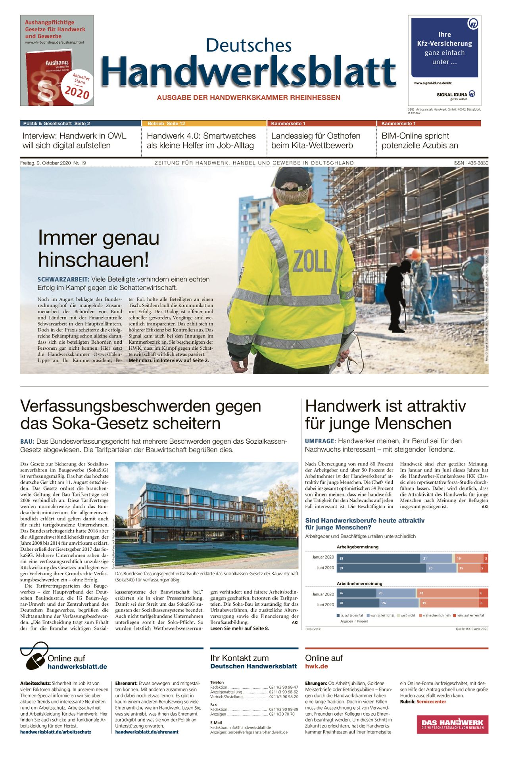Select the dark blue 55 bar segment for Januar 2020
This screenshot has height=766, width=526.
point(378,558)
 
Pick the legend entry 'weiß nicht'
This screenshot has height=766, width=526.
point(407,615)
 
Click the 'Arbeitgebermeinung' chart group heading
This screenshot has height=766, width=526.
point(357,547)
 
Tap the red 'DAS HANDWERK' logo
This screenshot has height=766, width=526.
point(452,724)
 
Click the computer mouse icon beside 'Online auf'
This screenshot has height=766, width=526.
point(35,659)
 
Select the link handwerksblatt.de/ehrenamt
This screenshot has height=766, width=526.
point(147,732)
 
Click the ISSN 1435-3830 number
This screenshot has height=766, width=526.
point(471,163)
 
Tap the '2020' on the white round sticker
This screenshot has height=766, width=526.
point(77,92)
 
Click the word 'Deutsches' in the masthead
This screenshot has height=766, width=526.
point(249,45)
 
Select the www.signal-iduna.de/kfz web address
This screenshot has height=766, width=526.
point(433,83)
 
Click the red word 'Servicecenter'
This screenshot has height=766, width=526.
point(431,701)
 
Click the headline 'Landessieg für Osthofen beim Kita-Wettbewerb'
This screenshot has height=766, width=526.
point(316,140)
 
